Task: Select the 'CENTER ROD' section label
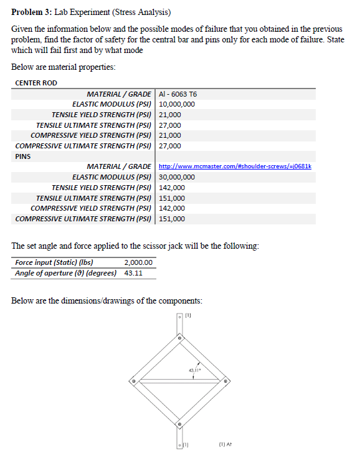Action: pyautogui.click(x=36, y=83)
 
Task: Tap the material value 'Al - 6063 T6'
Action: pyautogui.click(x=179, y=94)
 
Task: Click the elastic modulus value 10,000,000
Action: pyautogui.click(x=178, y=104)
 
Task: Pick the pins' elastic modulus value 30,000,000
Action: pyautogui.click(x=178, y=177)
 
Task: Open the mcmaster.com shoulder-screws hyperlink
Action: pyautogui.click(x=235, y=166)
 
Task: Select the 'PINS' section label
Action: pyautogui.click(x=23, y=156)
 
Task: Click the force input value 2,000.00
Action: pyautogui.click(x=138, y=262)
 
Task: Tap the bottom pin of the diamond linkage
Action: pyautogui.click(x=179, y=424)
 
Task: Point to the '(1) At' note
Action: pyautogui.click(x=226, y=445)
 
